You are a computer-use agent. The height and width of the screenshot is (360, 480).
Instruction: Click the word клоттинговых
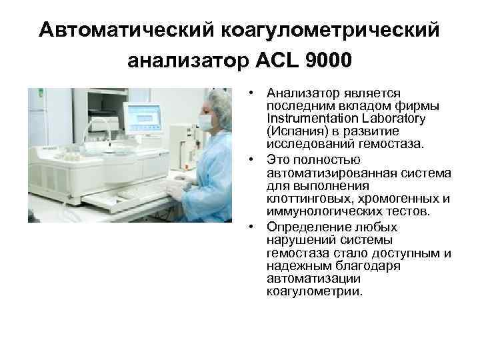tap(306, 198)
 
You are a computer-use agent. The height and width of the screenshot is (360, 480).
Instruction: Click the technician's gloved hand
tap(175, 189)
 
